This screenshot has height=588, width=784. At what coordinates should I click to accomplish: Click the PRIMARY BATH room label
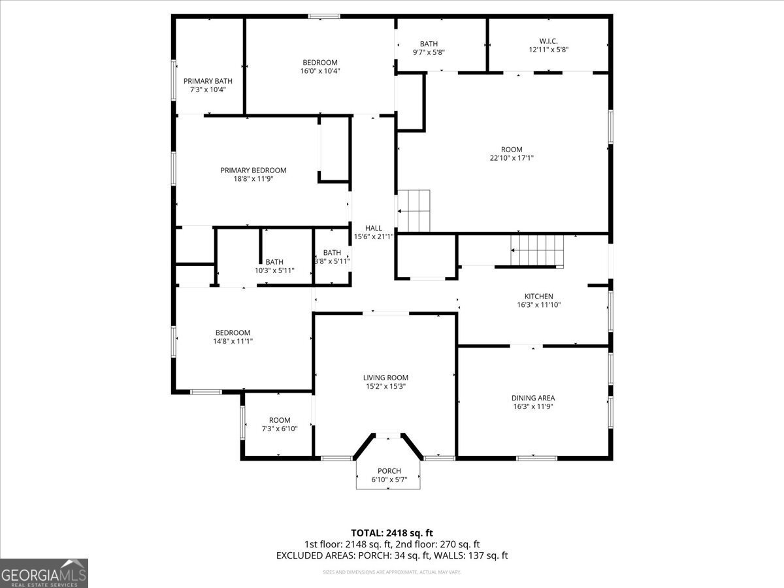click(207, 81)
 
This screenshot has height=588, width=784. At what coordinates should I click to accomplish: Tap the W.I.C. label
click(544, 41)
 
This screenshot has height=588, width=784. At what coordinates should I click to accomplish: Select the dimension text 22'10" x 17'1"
click(512, 157)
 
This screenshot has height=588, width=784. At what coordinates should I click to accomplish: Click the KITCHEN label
click(539, 296)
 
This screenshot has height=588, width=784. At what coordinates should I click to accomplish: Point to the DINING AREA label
click(533, 398)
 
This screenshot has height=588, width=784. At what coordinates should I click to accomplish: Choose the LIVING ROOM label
click(385, 378)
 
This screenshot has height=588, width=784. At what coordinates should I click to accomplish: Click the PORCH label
click(389, 471)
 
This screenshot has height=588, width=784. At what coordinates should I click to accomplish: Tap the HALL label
click(374, 228)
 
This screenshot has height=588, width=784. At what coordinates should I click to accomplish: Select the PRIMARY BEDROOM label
click(253, 171)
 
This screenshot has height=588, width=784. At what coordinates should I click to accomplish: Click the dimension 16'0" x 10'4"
click(320, 71)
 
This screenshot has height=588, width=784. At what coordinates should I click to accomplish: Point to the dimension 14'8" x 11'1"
click(233, 341)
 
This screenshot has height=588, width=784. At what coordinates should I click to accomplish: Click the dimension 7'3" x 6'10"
click(280, 429)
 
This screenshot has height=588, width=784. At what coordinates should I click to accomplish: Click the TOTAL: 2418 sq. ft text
click(392, 532)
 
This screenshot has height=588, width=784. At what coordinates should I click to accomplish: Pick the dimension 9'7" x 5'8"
click(429, 52)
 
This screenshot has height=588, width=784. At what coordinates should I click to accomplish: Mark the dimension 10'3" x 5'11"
click(274, 270)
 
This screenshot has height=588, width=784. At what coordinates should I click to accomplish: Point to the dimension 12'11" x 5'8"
click(544, 50)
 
